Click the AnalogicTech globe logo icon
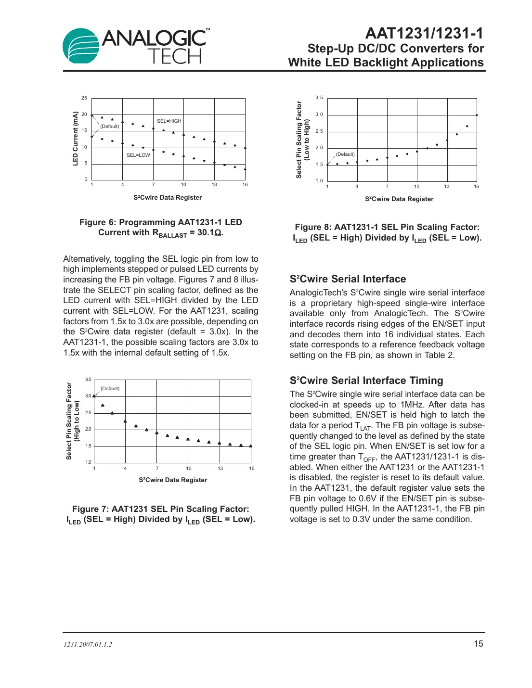(x=81, y=46)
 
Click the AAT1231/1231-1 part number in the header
(x=424, y=33)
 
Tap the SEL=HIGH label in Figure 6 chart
(x=169, y=121)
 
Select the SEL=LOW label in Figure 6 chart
(x=138, y=155)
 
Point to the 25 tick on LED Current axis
(x=84, y=98)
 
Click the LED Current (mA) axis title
(x=75, y=139)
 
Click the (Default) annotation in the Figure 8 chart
(x=345, y=154)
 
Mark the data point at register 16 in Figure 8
(x=477, y=115)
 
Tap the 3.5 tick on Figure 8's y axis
(x=319, y=98)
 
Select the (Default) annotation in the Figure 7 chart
(x=110, y=389)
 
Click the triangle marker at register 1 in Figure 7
(x=94, y=395)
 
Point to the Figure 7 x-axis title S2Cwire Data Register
(x=173, y=480)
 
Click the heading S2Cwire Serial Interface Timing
(x=366, y=381)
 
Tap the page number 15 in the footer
(x=478, y=644)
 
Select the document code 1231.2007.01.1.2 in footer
(x=88, y=644)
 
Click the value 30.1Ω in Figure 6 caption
(x=209, y=233)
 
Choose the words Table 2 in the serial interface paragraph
(x=439, y=355)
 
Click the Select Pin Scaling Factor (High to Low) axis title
(x=72, y=421)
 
